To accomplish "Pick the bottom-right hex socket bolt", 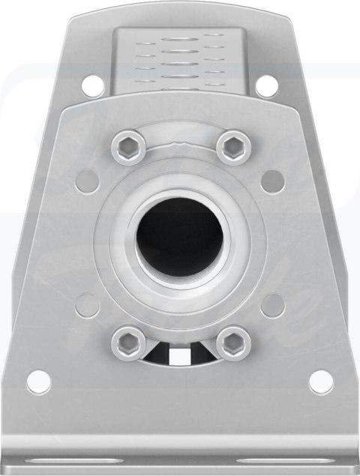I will click(x=233, y=344).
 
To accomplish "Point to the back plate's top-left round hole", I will click(x=93, y=85).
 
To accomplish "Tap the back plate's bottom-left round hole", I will click(x=39, y=382).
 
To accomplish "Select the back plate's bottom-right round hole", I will click(x=321, y=382).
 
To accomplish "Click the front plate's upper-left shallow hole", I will click(x=88, y=181).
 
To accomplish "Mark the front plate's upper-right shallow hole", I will click(x=272, y=181).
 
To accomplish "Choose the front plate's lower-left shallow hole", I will click(x=88, y=304).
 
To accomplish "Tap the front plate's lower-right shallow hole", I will click(x=272, y=304).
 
